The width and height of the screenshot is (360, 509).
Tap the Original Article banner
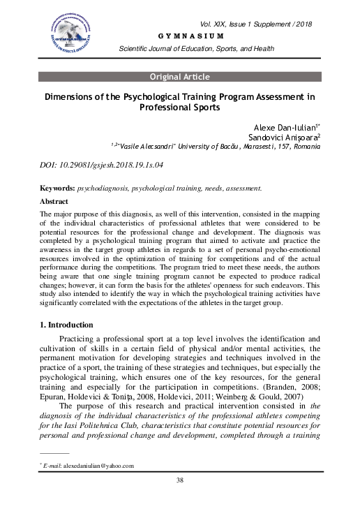click(179, 76)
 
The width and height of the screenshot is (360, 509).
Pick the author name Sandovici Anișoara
click(289, 138)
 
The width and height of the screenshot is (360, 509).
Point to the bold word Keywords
click(57, 188)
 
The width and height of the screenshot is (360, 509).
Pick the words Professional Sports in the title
click(179, 109)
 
